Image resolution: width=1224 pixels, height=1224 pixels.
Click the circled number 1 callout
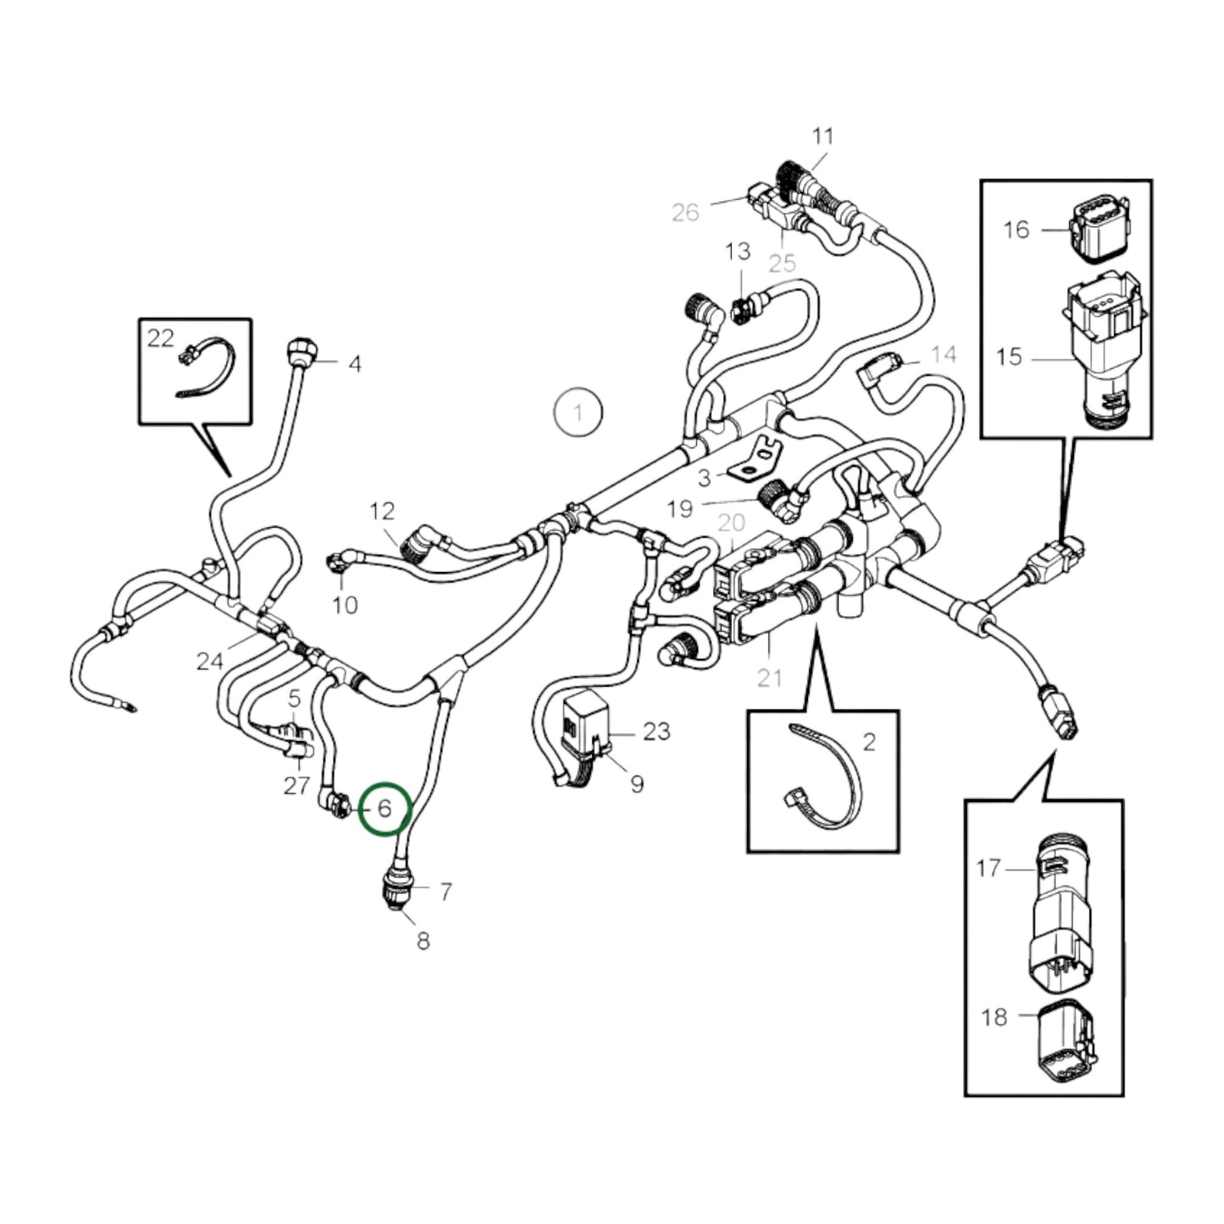click(x=578, y=414)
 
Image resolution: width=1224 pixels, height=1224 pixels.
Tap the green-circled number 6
click(x=385, y=809)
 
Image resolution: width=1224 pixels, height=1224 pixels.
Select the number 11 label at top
click(x=822, y=136)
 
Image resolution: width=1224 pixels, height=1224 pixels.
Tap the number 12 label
click(x=382, y=511)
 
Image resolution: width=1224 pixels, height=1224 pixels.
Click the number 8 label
click(x=423, y=940)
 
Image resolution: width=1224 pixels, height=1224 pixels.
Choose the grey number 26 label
click(x=685, y=212)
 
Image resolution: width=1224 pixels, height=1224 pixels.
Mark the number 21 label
click(x=769, y=678)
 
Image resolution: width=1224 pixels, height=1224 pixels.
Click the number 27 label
click(x=296, y=786)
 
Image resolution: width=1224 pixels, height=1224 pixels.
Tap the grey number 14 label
click(x=943, y=354)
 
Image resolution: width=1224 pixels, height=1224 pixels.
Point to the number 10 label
click(x=345, y=605)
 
